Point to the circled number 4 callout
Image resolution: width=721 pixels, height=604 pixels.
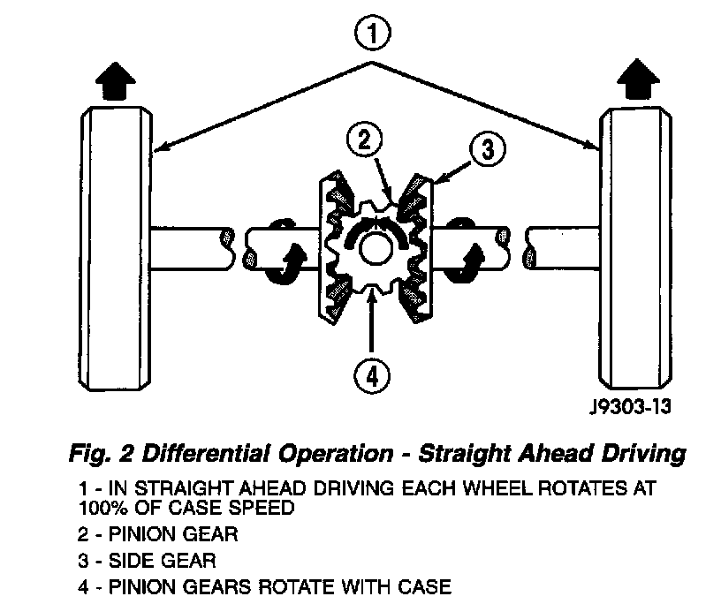(372, 375)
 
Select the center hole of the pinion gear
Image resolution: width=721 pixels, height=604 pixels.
(376, 246)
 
